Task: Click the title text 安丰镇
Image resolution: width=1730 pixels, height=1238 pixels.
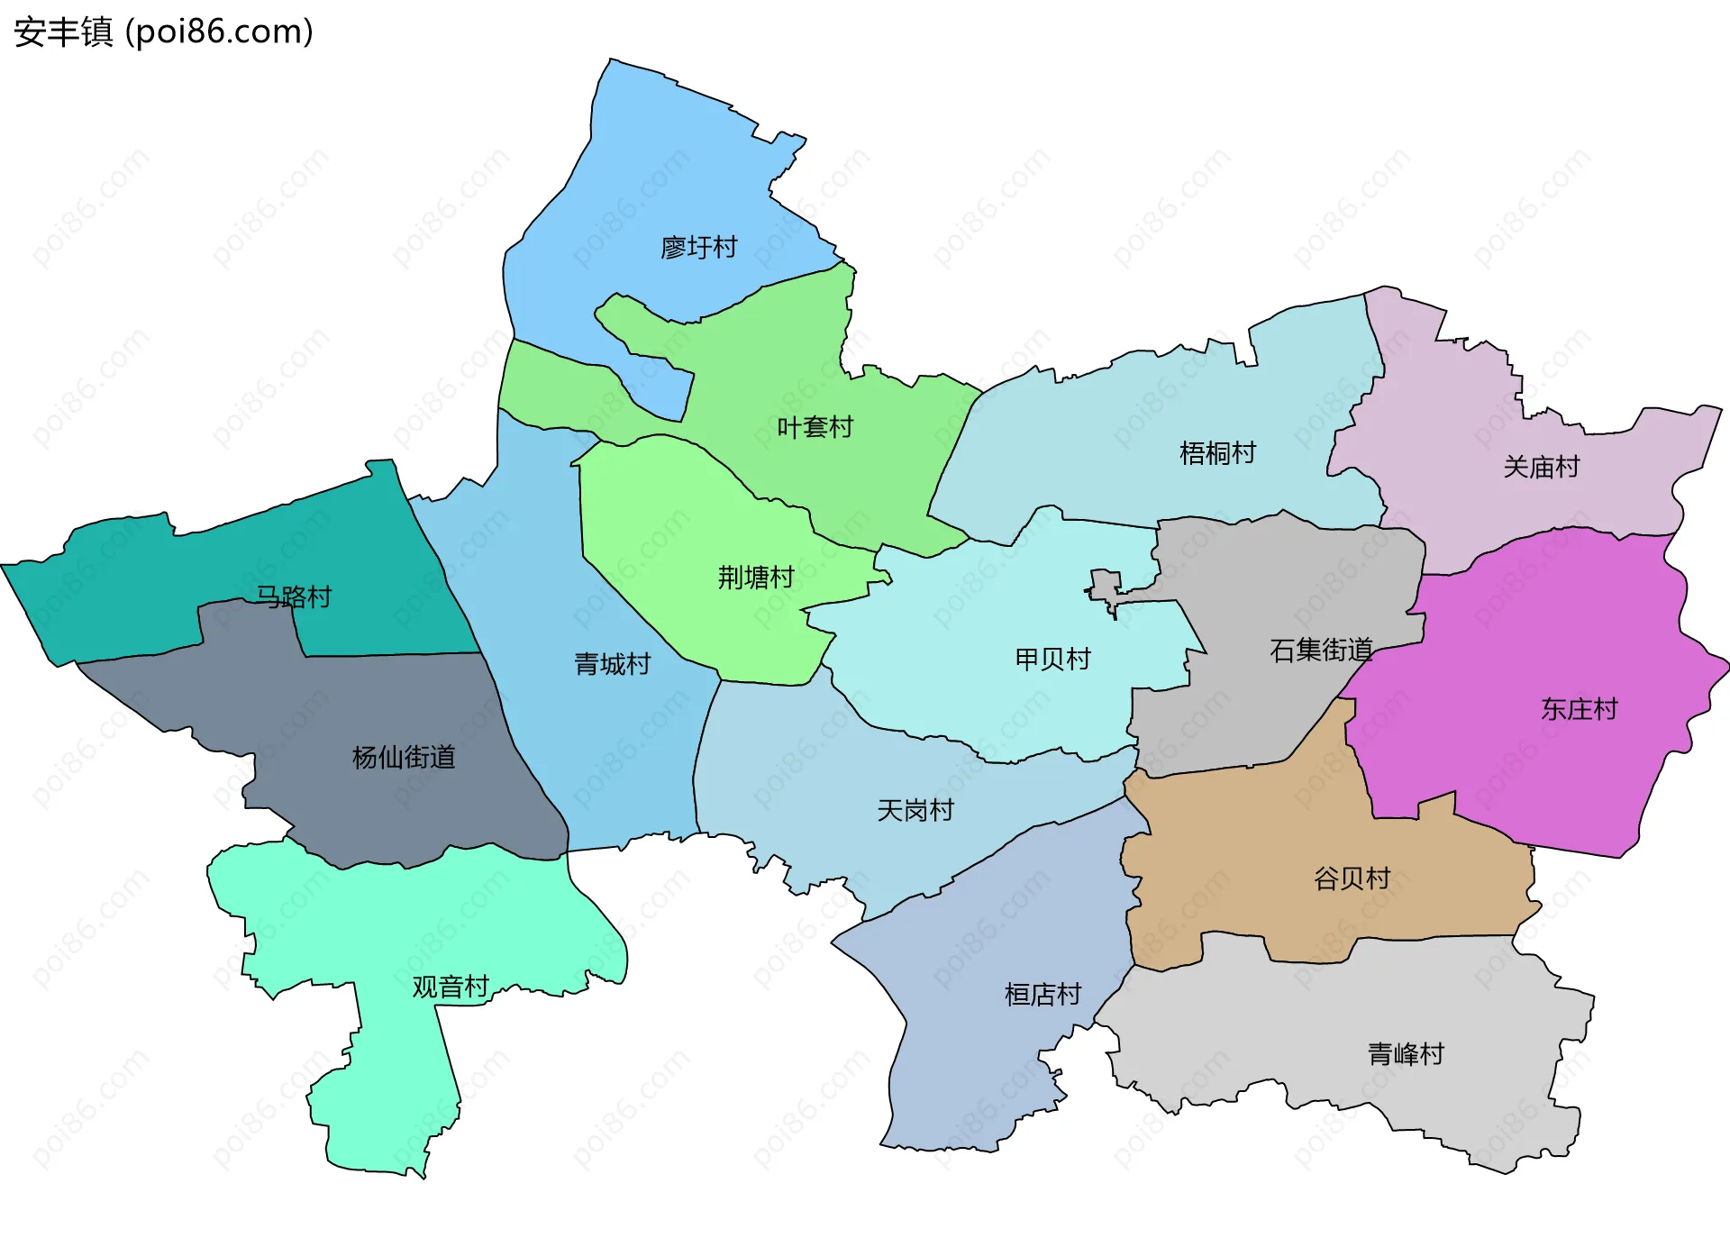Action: [63, 32]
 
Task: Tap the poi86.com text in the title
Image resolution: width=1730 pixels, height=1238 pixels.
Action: [219, 32]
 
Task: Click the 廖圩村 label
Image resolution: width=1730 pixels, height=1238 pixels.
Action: [698, 247]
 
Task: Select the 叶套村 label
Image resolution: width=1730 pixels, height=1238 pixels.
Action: [815, 427]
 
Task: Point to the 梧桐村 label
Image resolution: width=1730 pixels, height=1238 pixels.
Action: [1217, 452]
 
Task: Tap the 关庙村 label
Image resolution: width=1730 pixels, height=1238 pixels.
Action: [1541, 467]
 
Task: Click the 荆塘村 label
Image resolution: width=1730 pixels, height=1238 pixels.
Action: [755, 577]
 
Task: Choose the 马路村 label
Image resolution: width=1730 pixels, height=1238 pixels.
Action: [294, 596]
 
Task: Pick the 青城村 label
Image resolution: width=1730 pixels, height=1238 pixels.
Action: [613, 664]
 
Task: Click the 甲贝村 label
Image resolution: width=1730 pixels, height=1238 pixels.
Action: [1052, 659]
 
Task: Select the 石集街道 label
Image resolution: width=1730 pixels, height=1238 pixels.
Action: [1321, 650]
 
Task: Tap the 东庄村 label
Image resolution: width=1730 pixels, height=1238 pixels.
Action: [1579, 709]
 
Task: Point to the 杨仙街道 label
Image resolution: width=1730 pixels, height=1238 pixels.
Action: [404, 757]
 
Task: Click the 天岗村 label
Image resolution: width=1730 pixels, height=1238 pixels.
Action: [915, 810]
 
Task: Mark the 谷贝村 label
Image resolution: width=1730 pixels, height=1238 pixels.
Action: [1352, 878]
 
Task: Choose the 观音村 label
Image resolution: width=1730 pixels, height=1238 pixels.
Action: [451, 987]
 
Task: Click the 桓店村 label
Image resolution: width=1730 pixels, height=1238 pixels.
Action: [1043, 994]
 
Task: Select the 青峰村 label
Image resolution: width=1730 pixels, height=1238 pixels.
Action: [1406, 1053]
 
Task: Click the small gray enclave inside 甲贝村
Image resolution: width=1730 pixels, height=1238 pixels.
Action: [1105, 586]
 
